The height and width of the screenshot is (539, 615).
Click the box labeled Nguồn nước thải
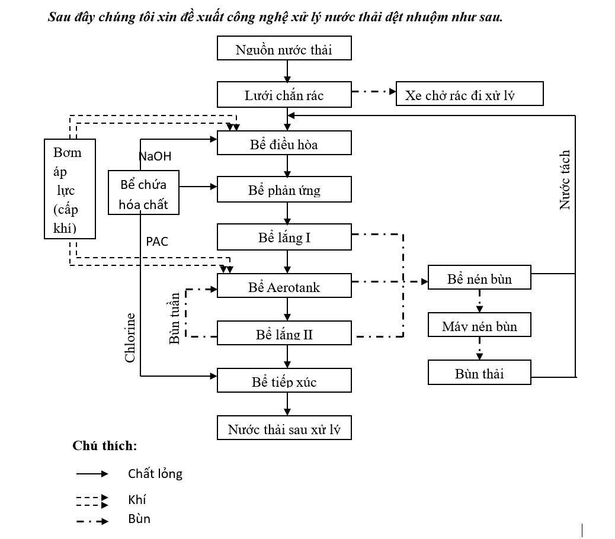(284, 49)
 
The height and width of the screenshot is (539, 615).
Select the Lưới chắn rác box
(284, 95)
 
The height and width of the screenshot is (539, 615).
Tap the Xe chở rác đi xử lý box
(469, 95)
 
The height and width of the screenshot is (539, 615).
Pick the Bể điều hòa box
(284, 143)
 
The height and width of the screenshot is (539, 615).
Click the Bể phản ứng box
(284, 190)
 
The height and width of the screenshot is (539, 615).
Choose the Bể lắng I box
(284, 238)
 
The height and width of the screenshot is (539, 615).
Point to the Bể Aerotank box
(284, 287)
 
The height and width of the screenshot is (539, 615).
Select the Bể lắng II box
(284, 333)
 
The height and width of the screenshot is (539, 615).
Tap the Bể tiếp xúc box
(284, 381)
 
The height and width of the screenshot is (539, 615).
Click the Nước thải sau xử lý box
(284, 429)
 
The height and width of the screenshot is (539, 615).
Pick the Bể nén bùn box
(479, 278)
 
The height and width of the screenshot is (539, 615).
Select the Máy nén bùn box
(479, 326)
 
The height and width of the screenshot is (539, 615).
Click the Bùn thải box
(479, 373)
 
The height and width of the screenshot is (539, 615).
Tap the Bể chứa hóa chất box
(143, 194)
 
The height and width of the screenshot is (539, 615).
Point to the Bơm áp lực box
(70, 189)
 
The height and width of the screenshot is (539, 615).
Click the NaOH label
(155, 156)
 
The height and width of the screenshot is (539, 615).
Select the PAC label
(157, 242)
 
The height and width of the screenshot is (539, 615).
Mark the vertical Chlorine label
(130, 338)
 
